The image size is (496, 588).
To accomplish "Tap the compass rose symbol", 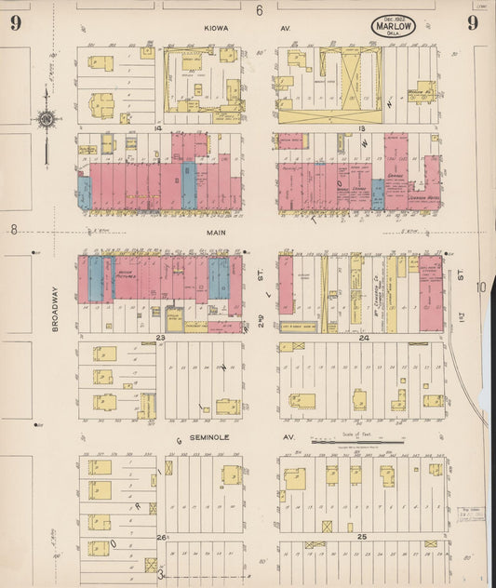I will click(46, 118).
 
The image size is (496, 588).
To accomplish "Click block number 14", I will click(159, 127).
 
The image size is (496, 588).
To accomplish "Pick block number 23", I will click(160, 337).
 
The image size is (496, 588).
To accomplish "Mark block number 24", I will click(365, 338).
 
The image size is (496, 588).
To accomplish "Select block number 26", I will click(160, 538).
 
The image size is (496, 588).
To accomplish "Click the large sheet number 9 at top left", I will click(16, 23).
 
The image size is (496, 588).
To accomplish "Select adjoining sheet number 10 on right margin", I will click(479, 287).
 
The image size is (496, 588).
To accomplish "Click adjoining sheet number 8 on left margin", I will click(14, 229).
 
